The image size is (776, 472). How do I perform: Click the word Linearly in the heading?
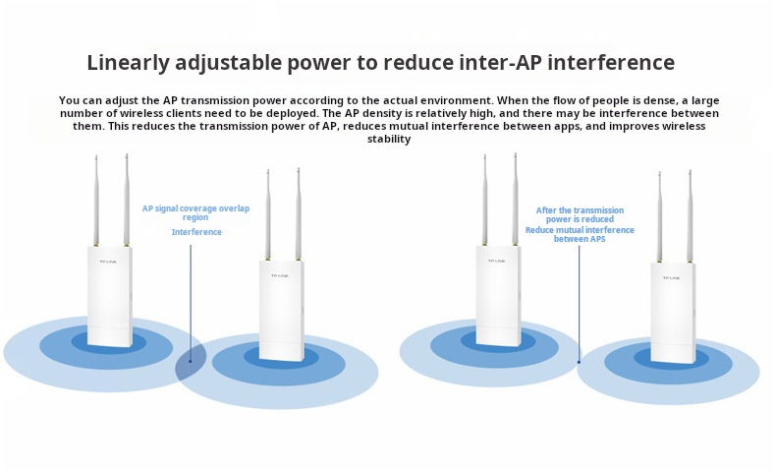point(128,63)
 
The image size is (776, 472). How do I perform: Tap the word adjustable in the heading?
point(229,63)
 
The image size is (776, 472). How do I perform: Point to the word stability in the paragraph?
point(389,140)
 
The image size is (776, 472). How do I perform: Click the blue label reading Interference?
point(196,232)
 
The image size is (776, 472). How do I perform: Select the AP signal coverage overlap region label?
point(196,213)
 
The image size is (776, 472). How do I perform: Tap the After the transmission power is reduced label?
point(580,214)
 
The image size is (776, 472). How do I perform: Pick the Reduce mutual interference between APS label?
point(580,234)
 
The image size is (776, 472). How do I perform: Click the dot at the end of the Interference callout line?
point(190,361)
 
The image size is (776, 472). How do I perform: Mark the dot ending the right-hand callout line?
point(579,362)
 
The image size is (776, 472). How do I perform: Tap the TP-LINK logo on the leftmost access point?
point(108,262)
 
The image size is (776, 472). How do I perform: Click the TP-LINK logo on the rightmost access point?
point(671,278)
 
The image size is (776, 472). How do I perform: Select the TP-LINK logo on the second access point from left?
point(280,275)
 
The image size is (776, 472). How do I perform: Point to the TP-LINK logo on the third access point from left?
point(496,261)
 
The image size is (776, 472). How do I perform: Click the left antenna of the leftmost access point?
point(96,201)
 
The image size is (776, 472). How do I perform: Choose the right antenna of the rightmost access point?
point(690,216)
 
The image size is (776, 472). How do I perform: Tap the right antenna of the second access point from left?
point(298,213)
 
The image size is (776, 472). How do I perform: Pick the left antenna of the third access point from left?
point(484,200)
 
